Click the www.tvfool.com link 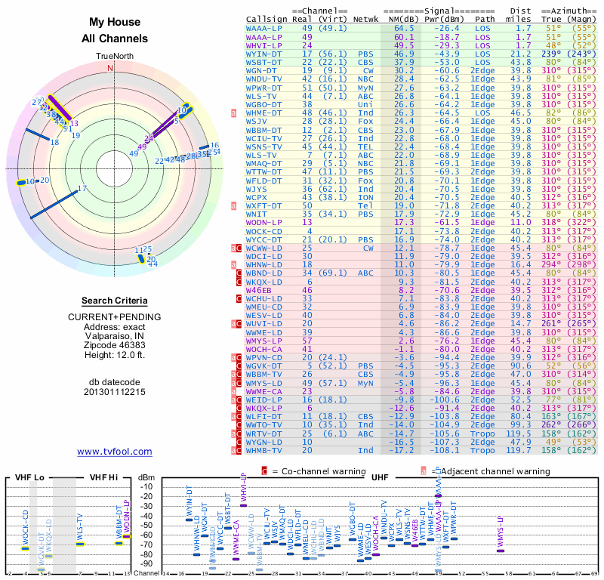pyautogui.click(x=114, y=452)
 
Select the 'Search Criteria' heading pyautogui.click(x=114, y=301)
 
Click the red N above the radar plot pyautogui.click(x=111, y=68)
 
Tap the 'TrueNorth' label pyautogui.click(x=114, y=57)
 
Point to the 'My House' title pyautogui.click(x=114, y=23)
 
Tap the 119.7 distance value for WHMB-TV pyautogui.click(x=523, y=450)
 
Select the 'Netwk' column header pyautogui.click(x=365, y=20)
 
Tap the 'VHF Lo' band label pyautogui.click(x=29, y=478)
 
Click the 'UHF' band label pyautogui.click(x=381, y=478)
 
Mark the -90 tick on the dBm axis pyautogui.click(x=146, y=563)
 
